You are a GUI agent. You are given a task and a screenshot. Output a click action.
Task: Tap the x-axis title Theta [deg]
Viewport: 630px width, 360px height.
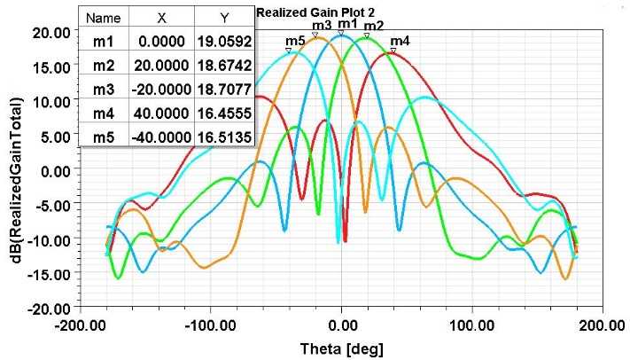342,348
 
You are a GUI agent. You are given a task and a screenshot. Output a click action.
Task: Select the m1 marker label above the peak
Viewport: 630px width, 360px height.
347,23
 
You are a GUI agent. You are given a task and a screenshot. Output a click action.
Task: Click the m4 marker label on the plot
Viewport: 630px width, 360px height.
401,41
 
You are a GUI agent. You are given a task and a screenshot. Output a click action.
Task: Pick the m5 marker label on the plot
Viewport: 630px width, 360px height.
295,41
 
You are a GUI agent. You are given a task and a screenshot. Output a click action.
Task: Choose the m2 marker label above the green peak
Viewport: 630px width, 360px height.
374,26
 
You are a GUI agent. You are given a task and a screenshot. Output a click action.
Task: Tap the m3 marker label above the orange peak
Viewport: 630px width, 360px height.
322,25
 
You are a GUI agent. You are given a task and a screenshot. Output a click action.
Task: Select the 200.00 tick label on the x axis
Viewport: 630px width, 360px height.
602,325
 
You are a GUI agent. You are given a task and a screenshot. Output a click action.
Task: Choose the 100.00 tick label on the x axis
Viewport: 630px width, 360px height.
471,325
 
